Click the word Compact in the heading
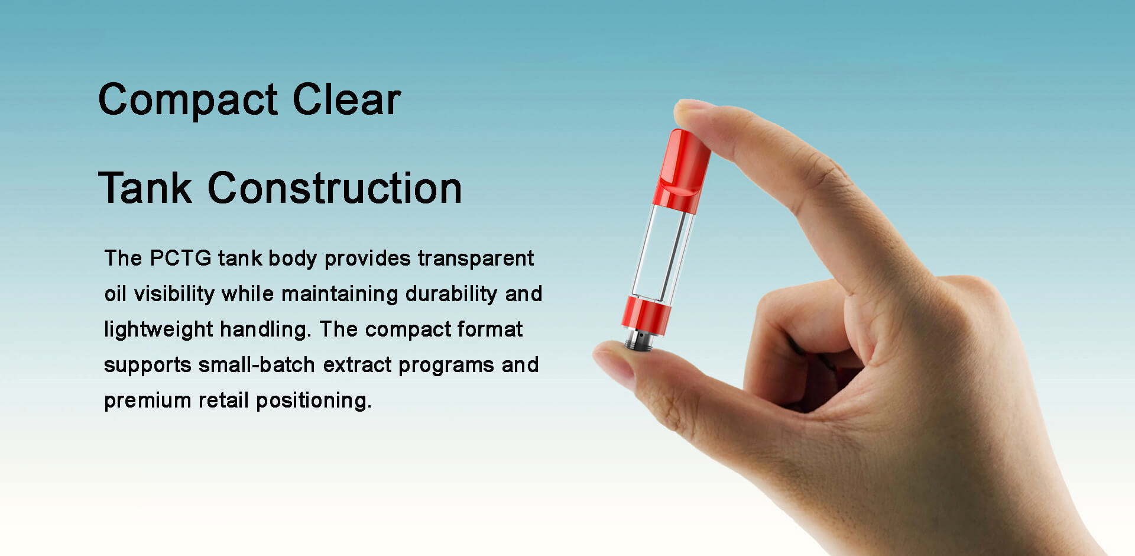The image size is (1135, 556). coord(187,100)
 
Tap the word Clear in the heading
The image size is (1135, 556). coord(346,99)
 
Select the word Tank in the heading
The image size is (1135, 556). coord(145,188)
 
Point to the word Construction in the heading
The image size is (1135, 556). coord(335,188)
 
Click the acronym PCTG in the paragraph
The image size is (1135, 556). coord(180,258)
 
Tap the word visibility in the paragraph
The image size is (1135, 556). coord(174,294)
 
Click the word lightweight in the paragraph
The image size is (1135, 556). coord(158,329)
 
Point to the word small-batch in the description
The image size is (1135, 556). coord(256,365)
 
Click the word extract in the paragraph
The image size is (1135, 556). coord(357,365)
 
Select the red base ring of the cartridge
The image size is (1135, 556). coord(646,315)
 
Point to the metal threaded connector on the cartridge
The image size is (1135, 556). coord(639,340)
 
